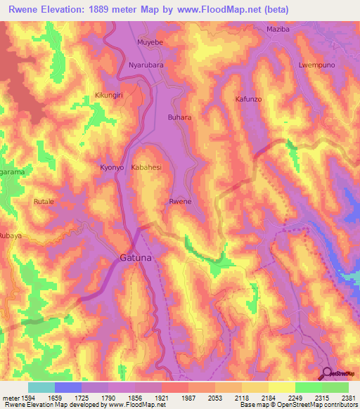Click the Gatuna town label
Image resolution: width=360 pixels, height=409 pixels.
(x=136, y=258)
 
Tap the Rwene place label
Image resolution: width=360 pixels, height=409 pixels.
(x=180, y=202)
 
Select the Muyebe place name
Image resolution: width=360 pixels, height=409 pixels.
(x=150, y=42)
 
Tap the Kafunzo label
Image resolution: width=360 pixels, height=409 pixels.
(x=248, y=100)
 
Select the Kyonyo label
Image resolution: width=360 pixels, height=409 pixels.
(x=112, y=168)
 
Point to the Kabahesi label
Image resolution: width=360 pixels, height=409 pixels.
(x=146, y=168)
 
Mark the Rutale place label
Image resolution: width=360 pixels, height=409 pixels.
(x=44, y=202)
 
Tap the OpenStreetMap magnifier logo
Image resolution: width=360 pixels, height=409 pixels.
(x=328, y=374)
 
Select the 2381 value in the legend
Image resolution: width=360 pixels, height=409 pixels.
(x=348, y=396)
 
